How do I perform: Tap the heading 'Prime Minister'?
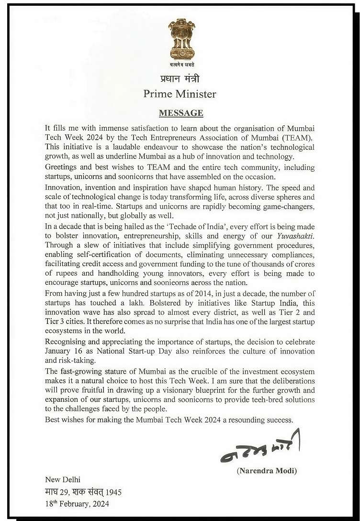click(x=180, y=94)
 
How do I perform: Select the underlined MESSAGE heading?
click(x=181, y=113)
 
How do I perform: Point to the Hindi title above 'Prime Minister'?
click(x=180, y=79)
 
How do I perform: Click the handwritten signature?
click(x=260, y=450)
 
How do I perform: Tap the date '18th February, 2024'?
click(x=77, y=504)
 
